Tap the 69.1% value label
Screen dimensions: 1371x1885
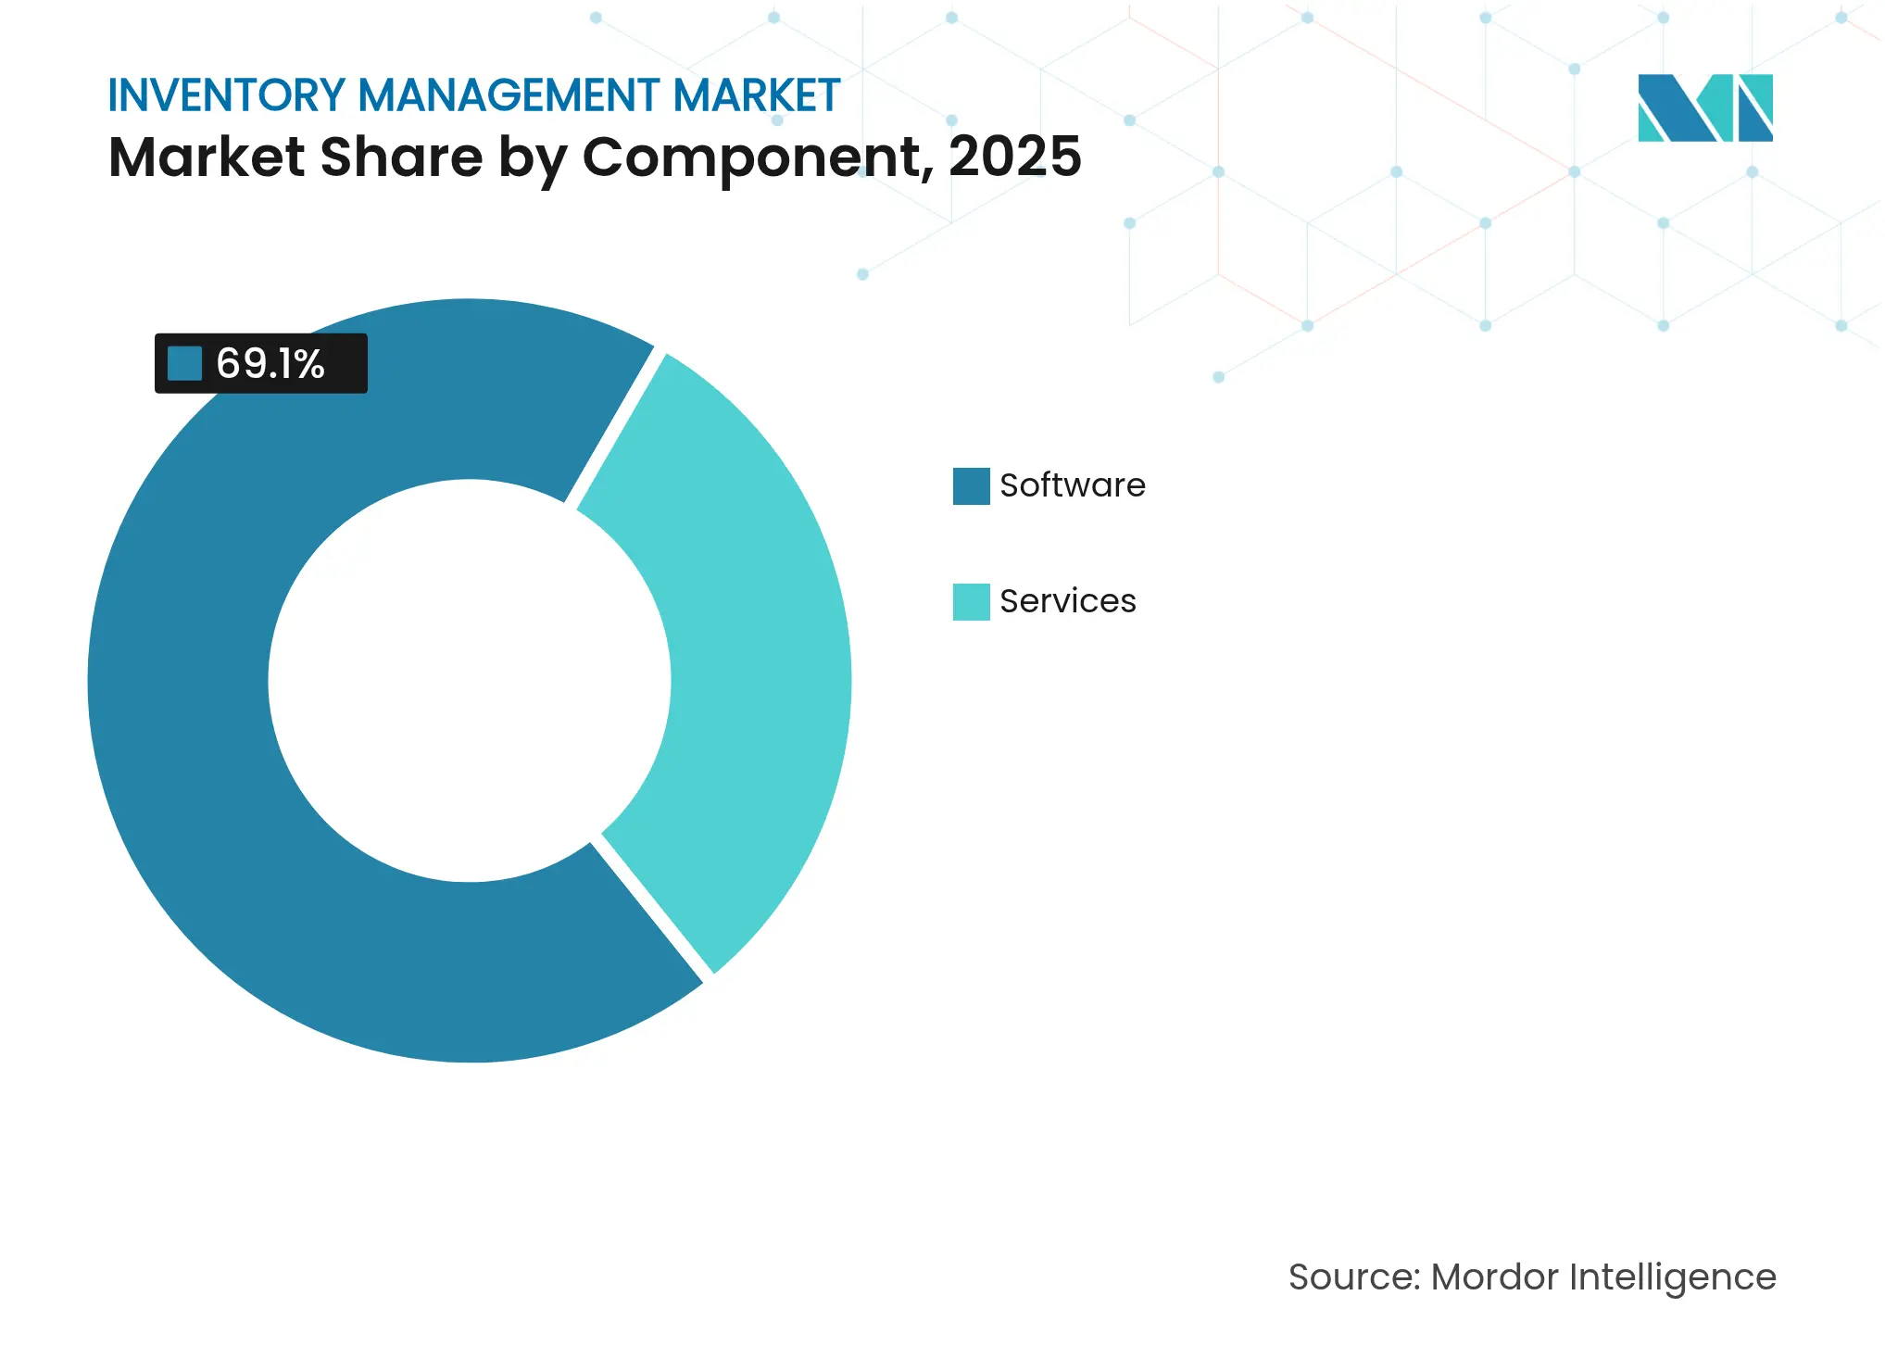pyautogui.click(x=270, y=364)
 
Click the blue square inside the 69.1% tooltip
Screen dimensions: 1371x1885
pyautogui.click(x=184, y=363)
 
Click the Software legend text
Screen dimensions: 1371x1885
pyautogui.click(x=1072, y=485)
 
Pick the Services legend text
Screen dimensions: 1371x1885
pyautogui.click(x=1067, y=601)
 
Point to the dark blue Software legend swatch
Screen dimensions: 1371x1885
pyautogui.click(x=971, y=485)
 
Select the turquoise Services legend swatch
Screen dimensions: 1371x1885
pyautogui.click(x=971, y=601)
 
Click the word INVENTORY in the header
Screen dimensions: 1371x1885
pyautogui.click(x=227, y=95)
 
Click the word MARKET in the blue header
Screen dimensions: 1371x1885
pyautogui.click(x=757, y=95)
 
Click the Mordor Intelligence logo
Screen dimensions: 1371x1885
pyautogui.click(x=1704, y=107)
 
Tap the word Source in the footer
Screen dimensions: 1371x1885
pyautogui.click(x=1353, y=1277)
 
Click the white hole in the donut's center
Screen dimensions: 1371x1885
pyautogui.click(x=469, y=681)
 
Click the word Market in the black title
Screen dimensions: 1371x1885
pyautogui.click(x=207, y=157)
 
